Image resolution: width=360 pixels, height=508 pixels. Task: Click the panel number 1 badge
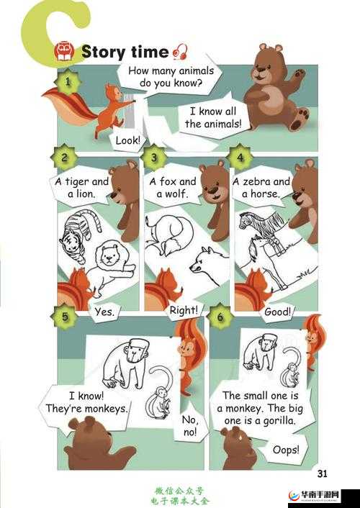(x=68, y=81)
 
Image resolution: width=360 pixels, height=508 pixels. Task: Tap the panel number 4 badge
(x=240, y=158)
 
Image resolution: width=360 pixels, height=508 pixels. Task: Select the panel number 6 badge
(x=220, y=316)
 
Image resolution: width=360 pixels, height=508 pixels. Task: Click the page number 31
(x=322, y=473)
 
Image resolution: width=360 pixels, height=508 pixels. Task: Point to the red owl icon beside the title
(x=64, y=51)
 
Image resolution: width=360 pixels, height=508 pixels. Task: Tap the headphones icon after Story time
(x=180, y=52)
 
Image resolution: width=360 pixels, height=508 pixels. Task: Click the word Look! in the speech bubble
(x=128, y=140)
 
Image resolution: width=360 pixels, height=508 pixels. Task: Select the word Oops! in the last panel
(x=286, y=450)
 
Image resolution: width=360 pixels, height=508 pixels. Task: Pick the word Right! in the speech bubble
(x=184, y=310)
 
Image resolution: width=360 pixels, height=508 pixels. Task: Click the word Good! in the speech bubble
(x=278, y=312)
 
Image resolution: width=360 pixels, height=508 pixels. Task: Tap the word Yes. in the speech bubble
(x=104, y=312)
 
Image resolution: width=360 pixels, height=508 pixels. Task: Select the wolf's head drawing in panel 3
(x=204, y=262)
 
